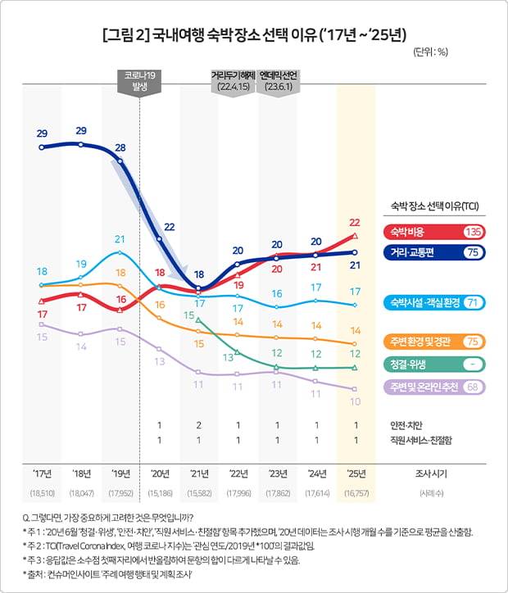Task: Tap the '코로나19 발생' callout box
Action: click(x=140, y=82)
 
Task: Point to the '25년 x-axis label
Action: click(x=356, y=473)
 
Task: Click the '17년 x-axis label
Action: click(x=42, y=473)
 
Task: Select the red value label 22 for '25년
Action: click(x=355, y=222)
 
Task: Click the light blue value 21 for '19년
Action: click(x=120, y=239)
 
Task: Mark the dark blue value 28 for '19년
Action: click(x=120, y=147)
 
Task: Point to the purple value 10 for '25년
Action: click(x=355, y=402)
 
